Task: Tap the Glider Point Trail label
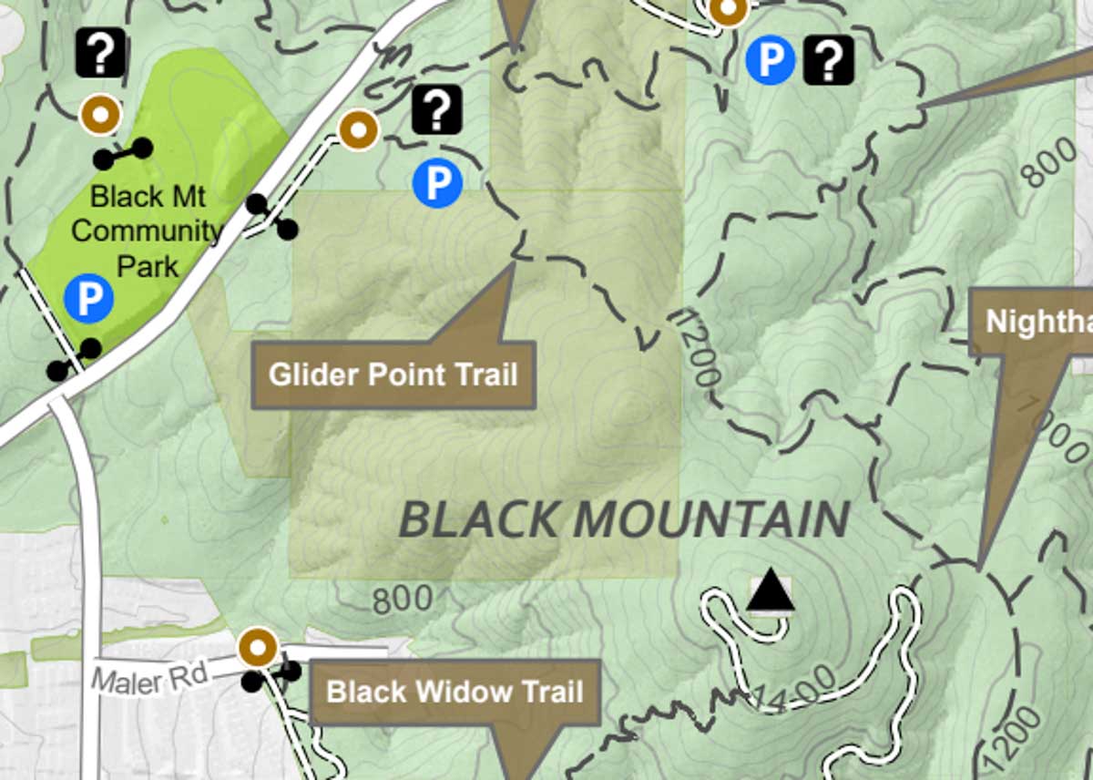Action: click(x=393, y=375)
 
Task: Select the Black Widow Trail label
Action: click(x=455, y=692)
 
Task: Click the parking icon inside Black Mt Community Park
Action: click(x=89, y=298)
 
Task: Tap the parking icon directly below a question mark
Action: click(x=437, y=182)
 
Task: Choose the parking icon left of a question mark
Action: click(x=771, y=60)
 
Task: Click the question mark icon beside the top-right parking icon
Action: click(x=829, y=60)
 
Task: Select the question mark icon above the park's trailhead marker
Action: click(x=100, y=52)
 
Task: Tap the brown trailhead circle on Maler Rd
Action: click(x=258, y=648)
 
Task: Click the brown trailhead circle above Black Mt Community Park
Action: click(x=100, y=115)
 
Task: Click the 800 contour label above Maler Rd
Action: click(x=402, y=600)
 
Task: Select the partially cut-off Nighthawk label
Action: click(x=1038, y=321)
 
